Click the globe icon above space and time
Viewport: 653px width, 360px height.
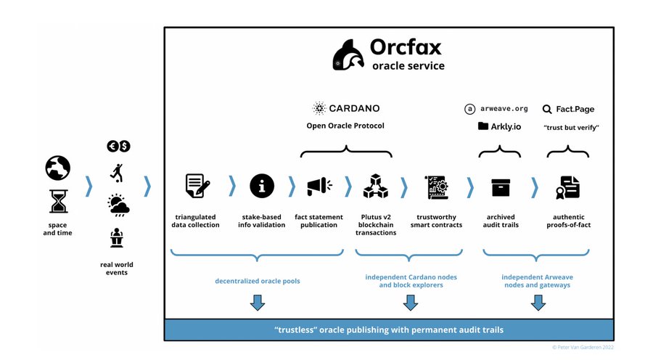[x=58, y=168]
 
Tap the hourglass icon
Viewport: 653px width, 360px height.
[x=58, y=200]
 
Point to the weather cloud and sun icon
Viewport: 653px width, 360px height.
[x=119, y=205]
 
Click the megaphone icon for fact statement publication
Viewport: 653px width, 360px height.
[x=319, y=187]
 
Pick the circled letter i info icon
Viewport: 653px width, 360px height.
[x=262, y=187]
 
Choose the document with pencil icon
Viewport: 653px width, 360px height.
[x=197, y=187]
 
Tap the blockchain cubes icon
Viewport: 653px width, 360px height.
[x=377, y=187]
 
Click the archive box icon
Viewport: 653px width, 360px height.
[x=501, y=187]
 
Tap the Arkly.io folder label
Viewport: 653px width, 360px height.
[x=501, y=126]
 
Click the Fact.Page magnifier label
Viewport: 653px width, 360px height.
[x=569, y=109]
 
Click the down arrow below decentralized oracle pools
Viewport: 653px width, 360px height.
[x=257, y=303]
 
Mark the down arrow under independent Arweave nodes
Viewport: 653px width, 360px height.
[x=538, y=303]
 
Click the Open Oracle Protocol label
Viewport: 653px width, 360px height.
[x=345, y=126]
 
